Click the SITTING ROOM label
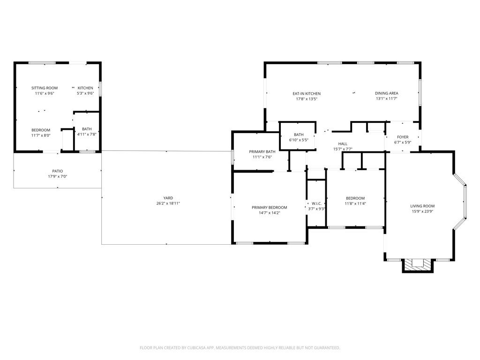pyautogui.click(x=45, y=88)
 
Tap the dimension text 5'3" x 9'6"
pyautogui.click(x=85, y=94)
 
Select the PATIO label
pyautogui.click(x=58, y=172)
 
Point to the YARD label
pyautogui.click(x=168, y=198)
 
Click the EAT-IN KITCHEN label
pyautogui.click(x=307, y=94)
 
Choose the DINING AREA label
pyautogui.click(x=387, y=93)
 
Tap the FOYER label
pyautogui.click(x=403, y=137)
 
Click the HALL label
pyautogui.click(x=343, y=144)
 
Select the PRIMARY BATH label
pyautogui.click(x=262, y=152)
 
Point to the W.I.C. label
pyautogui.click(x=316, y=203)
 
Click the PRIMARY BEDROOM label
pyautogui.click(x=270, y=208)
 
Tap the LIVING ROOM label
pyautogui.click(x=422, y=206)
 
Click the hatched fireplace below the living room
pyautogui.click(x=418, y=265)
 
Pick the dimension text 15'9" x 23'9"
pyautogui.click(x=422, y=211)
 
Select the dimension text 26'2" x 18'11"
pyautogui.click(x=168, y=203)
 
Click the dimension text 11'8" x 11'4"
pyautogui.click(x=355, y=203)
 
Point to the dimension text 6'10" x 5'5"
pyautogui.click(x=299, y=140)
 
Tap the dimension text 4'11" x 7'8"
pyautogui.click(x=87, y=135)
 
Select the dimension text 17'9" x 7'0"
pyautogui.click(x=58, y=177)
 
